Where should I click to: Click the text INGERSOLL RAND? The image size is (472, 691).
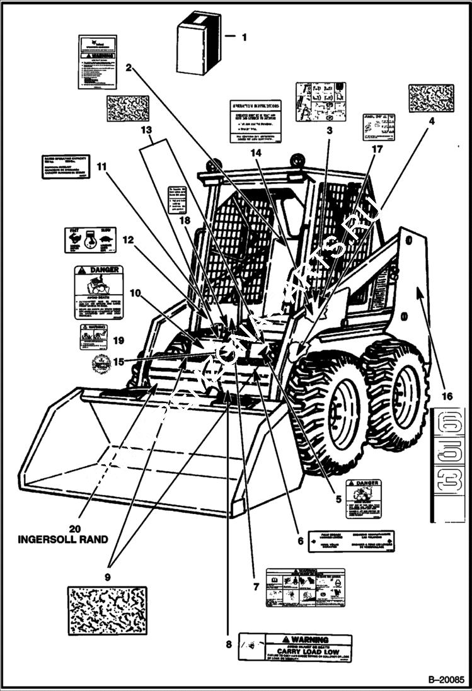[62, 539]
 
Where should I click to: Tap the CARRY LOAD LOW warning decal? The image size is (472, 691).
[295, 647]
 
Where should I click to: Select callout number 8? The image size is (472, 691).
[228, 644]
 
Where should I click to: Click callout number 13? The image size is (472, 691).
[146, 130]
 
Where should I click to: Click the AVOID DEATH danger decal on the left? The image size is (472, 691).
[98, 292]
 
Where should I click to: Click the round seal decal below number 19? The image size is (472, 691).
[99, 363]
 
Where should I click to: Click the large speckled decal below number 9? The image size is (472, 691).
[107, 610]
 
